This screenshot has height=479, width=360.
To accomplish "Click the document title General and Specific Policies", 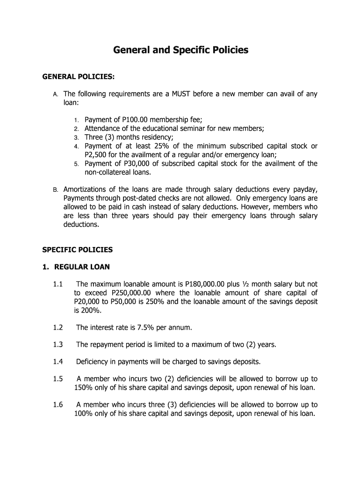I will click(x=180, y=50).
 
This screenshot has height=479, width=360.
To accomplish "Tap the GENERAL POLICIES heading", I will click(x=79, y=76).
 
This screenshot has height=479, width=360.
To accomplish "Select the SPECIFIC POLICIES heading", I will click(x=78, y=250).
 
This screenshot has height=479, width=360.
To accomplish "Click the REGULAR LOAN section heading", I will click(x=82, y=267).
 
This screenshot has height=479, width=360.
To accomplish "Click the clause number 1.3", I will click(x=58, y=345).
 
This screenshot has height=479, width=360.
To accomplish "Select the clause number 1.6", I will click(x=58, y=405).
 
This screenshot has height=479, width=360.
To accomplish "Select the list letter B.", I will click(x=55, y=190).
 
